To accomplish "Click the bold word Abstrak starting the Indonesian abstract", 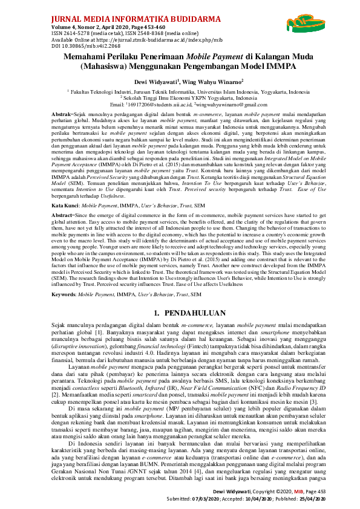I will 61,114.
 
